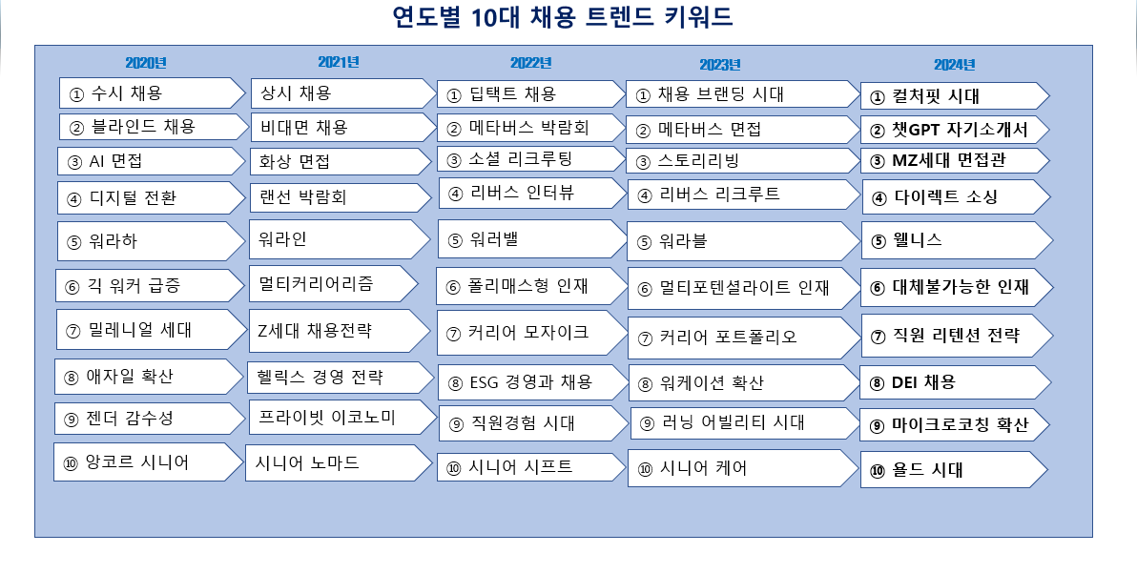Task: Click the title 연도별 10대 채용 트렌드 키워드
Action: [568, 17]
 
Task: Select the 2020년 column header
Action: [146, 63]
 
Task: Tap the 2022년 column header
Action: [530, 63]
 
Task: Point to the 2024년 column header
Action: [954, 65]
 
